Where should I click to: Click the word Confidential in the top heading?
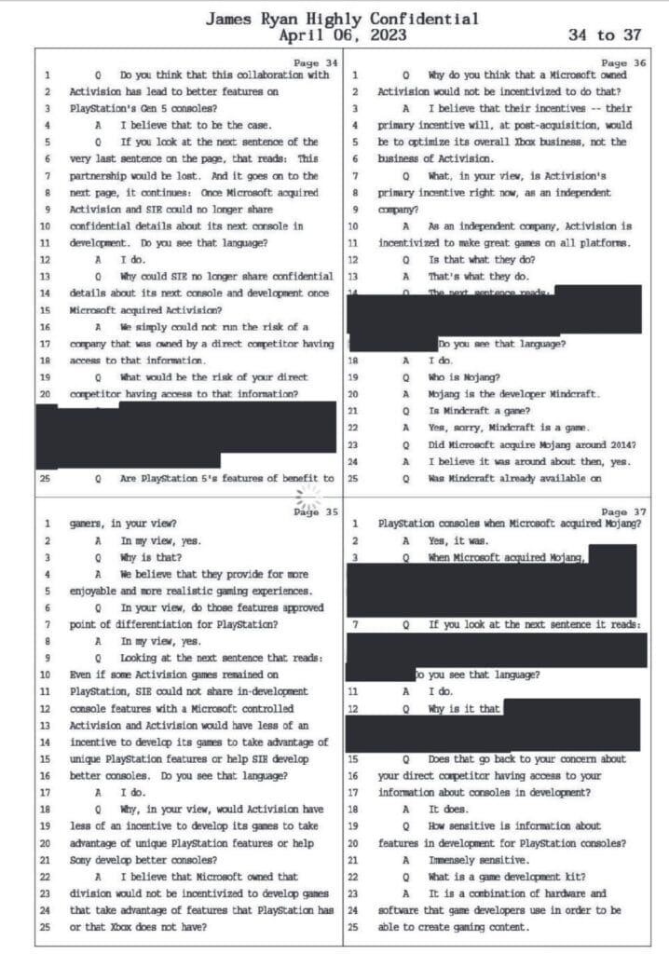pos(425,19)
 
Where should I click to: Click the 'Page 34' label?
pos(310,61)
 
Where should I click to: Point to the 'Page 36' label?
pos(625,61)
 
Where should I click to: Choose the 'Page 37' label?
pos(625,511)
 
